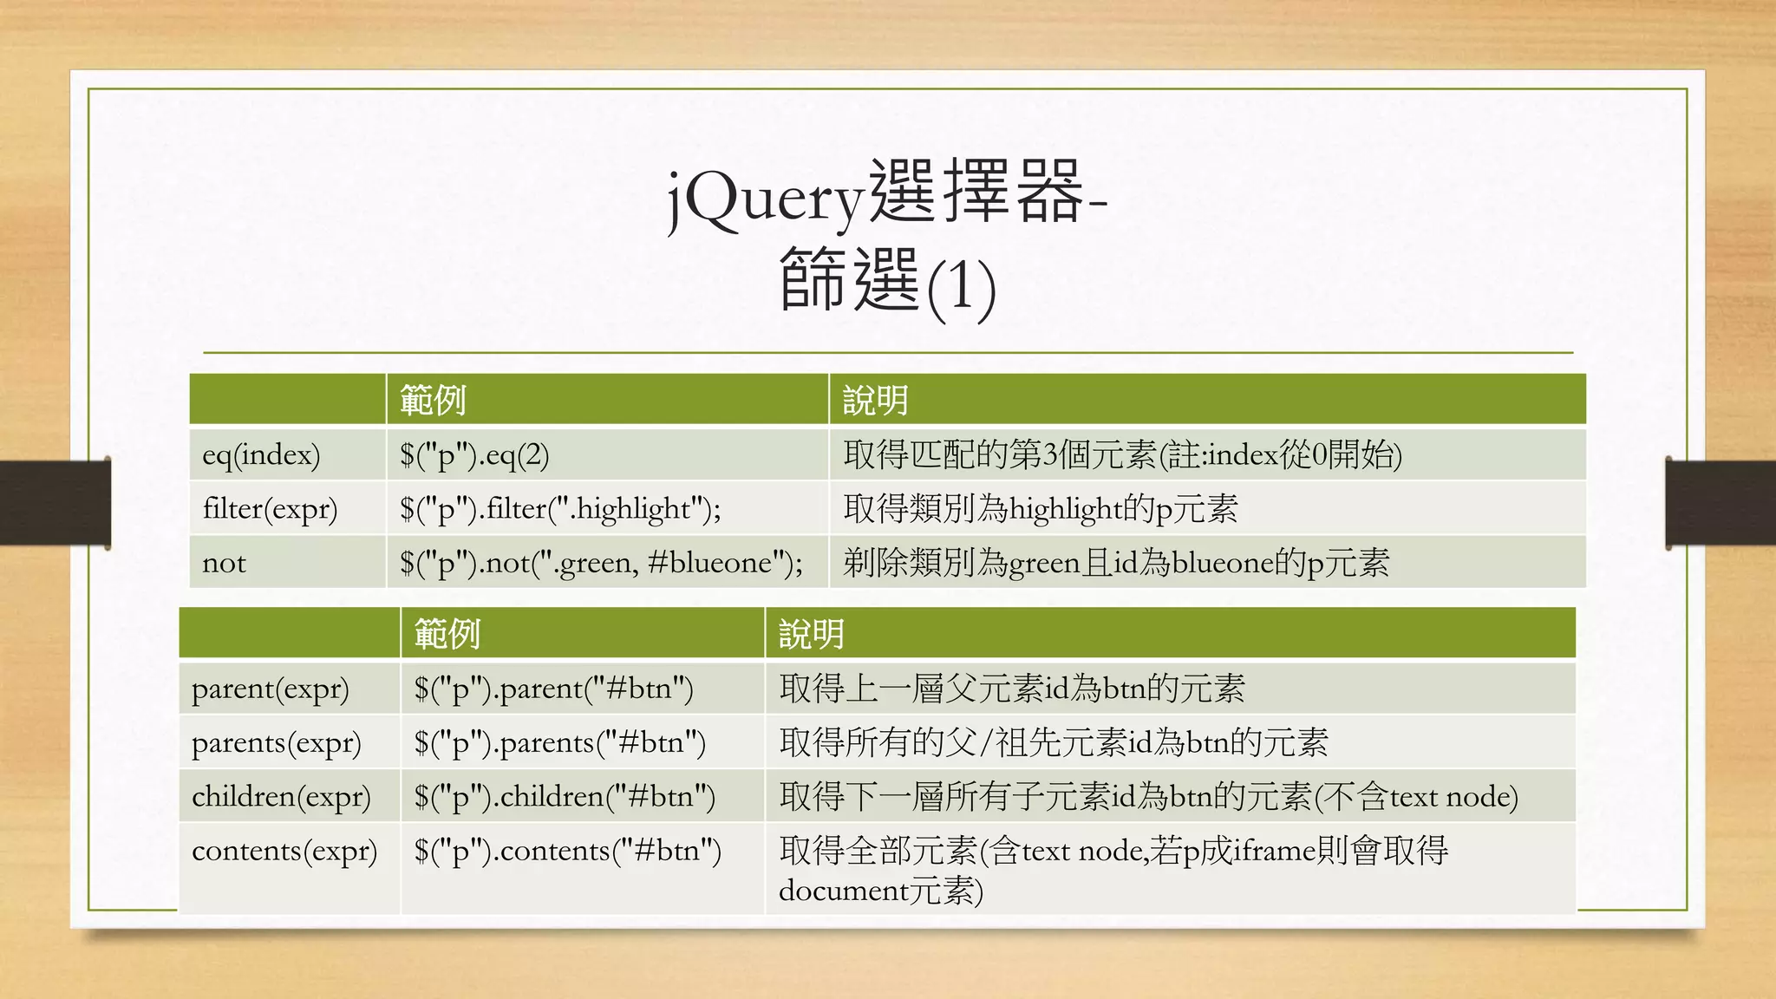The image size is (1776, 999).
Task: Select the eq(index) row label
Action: pos(261,454)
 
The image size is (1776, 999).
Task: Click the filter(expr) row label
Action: pos(270,508)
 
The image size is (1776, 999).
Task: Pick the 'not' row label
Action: pos(224,563)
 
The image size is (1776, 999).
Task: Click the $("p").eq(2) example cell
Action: pos(474,454)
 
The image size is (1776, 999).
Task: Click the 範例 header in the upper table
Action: pos(433,401)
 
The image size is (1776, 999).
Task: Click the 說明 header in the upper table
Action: pos(876,401)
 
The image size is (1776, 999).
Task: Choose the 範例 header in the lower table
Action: pos(447,634)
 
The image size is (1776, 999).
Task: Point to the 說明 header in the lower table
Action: pos(811,634)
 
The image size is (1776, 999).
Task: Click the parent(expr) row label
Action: pos(270,689)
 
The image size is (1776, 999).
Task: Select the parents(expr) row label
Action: pos(276,742)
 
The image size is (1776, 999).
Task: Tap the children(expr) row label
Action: pos(281,796)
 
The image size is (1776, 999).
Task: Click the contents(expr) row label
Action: pos(284,851)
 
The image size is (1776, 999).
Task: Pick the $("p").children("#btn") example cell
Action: pos(565,796)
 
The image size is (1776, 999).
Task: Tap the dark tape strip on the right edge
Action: pos(1720,502)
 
